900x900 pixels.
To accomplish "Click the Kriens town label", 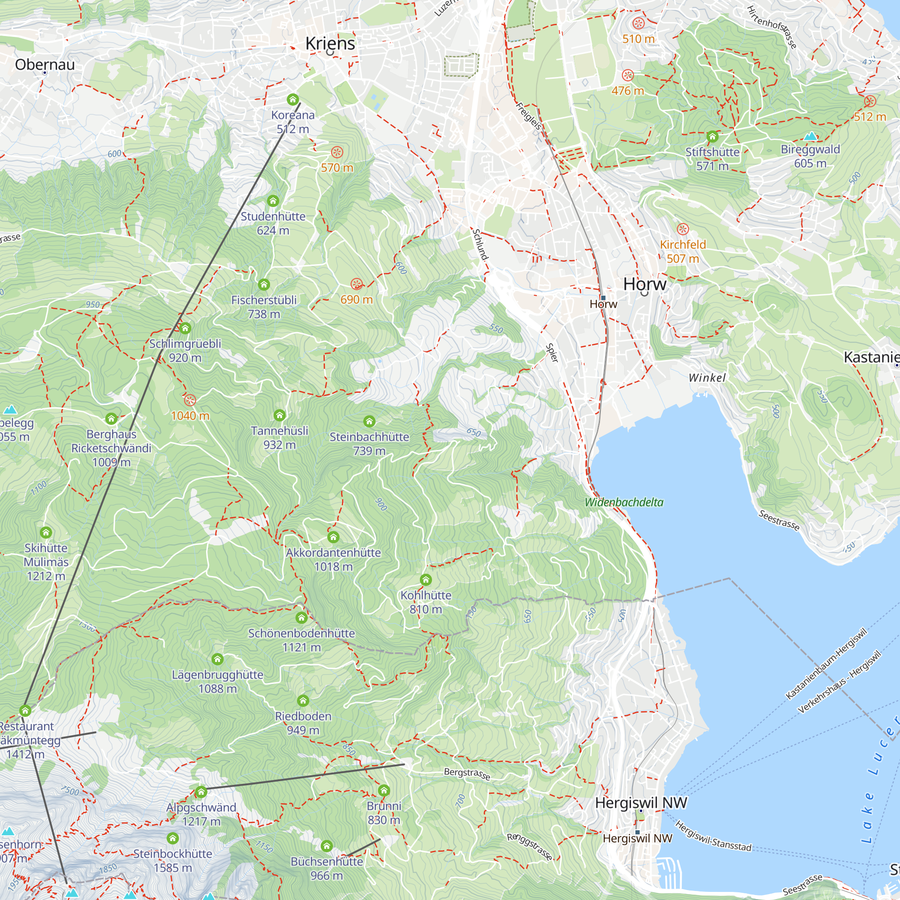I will point(330,43).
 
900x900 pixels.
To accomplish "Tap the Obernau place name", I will point(45,64).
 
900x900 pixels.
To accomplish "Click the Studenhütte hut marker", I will point(273,201).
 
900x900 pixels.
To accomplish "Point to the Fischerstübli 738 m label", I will point(264,306).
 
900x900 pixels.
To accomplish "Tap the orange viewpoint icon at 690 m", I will point(356,283).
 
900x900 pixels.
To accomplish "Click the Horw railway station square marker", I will point(603,297).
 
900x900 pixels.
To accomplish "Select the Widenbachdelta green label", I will point(624,502).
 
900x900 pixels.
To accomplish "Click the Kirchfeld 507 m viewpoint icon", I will point(683,229).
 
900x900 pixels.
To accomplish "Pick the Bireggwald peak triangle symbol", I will point(810,136).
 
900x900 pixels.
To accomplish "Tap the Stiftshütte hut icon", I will point(712,136).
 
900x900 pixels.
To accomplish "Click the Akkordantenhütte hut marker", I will point(333,537).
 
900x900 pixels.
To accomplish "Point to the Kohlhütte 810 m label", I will point(426,602).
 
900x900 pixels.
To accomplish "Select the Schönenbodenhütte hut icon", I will point(301,618).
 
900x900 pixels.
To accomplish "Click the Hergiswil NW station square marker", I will point(637,832).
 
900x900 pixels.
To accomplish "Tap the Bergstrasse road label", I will point(467,774).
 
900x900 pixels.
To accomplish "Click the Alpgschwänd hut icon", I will point(201,792).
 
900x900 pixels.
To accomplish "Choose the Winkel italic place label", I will point(706,378).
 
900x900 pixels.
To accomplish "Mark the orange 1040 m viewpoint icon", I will point(189,400).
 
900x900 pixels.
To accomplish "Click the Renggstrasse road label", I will point(530,846).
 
